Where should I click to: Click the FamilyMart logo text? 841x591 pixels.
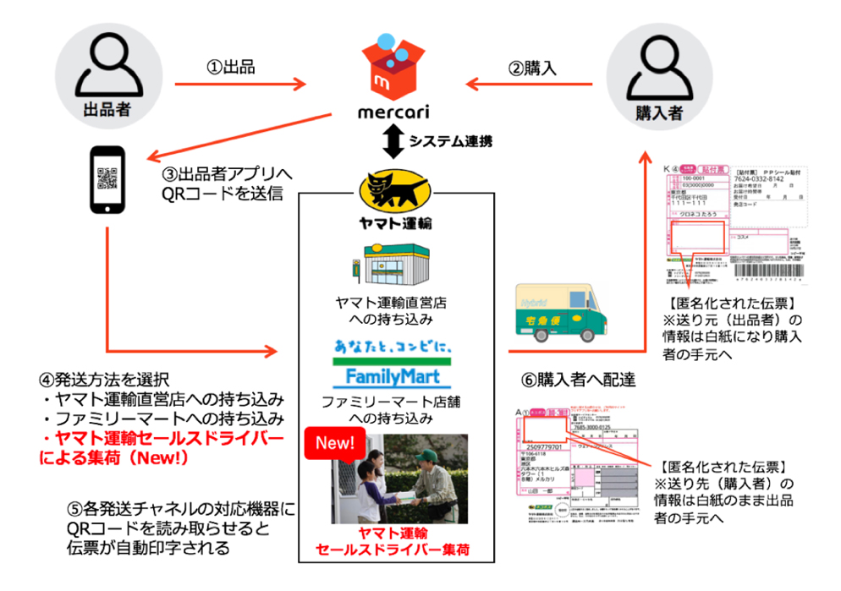point(390,374)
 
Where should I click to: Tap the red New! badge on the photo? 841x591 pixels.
point(336,443)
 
